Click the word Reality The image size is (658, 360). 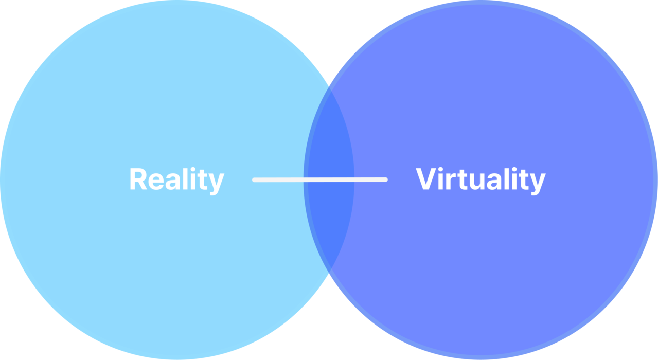click(x=176, y=179)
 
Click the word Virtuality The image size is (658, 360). click(x=481, y=179)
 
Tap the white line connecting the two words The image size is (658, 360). click(x=319, y=179)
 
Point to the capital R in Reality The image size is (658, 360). click(x=137, y=179)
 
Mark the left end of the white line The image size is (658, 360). click(x=255, y=179)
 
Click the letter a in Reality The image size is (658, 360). click(x=173, y=181)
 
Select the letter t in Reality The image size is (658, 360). click(x=203, y=179)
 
